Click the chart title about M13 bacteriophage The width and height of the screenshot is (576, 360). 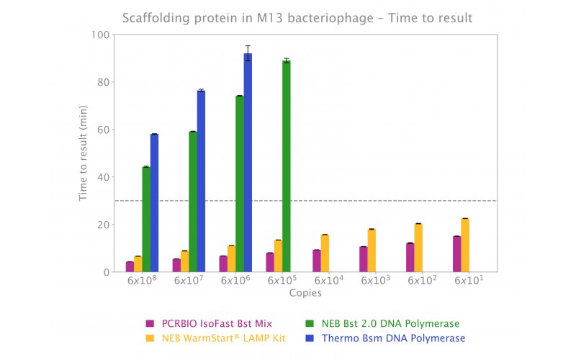coord(288,17)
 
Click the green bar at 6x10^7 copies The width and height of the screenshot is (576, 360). coord(193,202)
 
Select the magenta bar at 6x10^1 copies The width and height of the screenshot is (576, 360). coord(456,254)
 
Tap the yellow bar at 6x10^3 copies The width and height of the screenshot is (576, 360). coord(372,251)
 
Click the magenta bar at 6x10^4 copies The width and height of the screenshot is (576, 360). coord(316,261)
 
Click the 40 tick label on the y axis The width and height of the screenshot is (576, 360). coord(102,177)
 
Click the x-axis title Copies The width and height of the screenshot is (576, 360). coord(305,293)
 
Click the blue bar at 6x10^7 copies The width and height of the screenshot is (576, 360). coord(201,181)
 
